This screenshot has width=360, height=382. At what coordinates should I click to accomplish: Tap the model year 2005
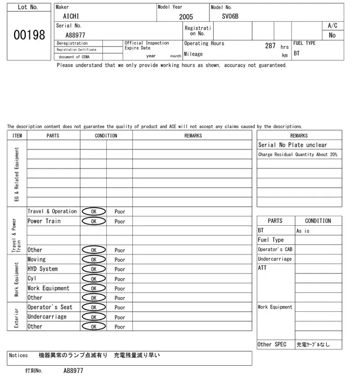click(x=186, y=17)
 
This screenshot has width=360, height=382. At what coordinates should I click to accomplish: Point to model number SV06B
click(x=230, y=17)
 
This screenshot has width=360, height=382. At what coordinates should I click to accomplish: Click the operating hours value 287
click(x=270, y=46)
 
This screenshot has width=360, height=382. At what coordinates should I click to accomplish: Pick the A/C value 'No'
click(x=332, y=35)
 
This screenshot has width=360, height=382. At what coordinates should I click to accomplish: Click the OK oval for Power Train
click(x=93, y=221)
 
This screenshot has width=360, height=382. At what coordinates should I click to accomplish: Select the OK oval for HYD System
click(x=93, y=269)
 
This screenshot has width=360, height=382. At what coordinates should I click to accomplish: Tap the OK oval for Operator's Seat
click(x=93, y=307)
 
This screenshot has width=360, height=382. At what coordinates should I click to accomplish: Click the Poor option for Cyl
click(x=120, y=279)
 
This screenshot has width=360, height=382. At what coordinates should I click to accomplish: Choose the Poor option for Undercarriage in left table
click(x=120, y=317)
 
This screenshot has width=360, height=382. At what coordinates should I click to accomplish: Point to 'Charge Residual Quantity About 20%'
click(x=298, y=154)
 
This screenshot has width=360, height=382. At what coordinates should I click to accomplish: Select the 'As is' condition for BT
click(x=303, y=231)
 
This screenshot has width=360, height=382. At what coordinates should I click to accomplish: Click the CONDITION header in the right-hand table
click(x=318, y=221)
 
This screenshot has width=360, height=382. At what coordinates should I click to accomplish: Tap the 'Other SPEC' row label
click(x=272, y=344)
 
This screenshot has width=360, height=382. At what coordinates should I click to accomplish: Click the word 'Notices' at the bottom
click(x=19, y=356)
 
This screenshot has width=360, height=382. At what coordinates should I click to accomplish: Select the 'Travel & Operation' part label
click(x=52, y=212)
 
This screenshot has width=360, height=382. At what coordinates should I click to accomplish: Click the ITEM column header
click(x=17, y=135)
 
